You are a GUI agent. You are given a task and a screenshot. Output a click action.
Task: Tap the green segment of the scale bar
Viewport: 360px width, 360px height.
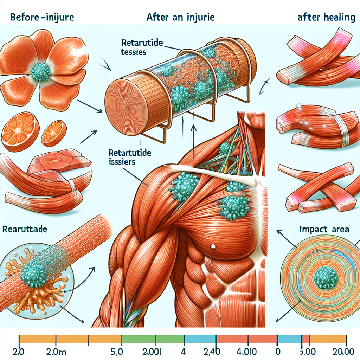coord(153,339)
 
